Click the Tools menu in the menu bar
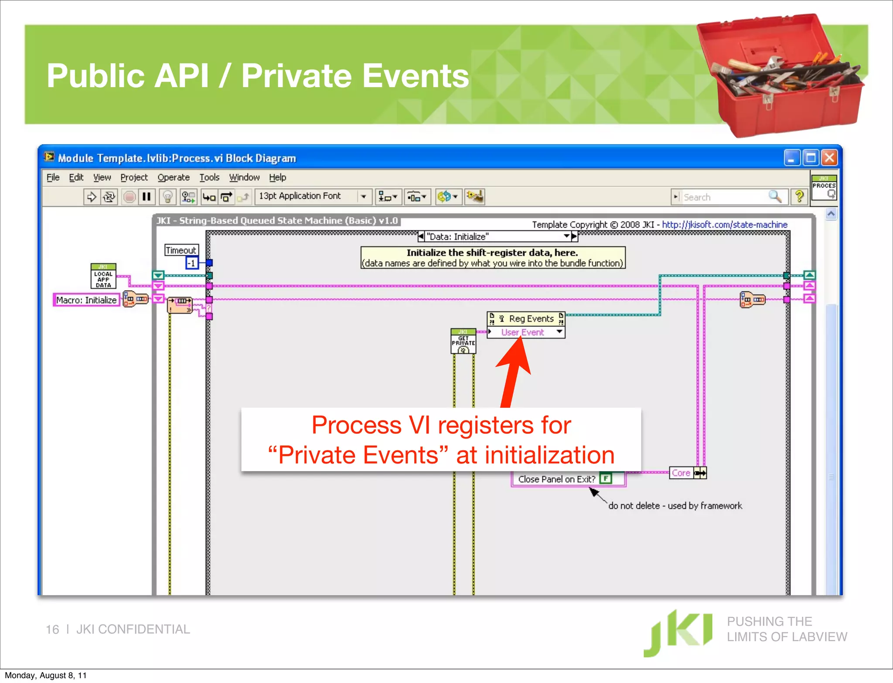[x=209, y=177]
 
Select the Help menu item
[x=277, y=177]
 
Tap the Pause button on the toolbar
[x=147, y=197]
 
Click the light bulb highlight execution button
[x=167, y=197]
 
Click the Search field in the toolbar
[x=724, y=197]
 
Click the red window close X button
[x=829, y=158]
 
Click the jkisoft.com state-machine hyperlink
[x=725, y=225]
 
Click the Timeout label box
[x=181, y=250]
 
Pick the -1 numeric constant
[x=192, y=263]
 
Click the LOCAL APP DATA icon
[x=103, y=276]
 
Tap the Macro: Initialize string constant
[x=86, y=300]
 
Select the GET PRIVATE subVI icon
[x=463, y=341]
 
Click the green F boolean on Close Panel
[x=606, y=479]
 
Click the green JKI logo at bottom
[x=678, y=632]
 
